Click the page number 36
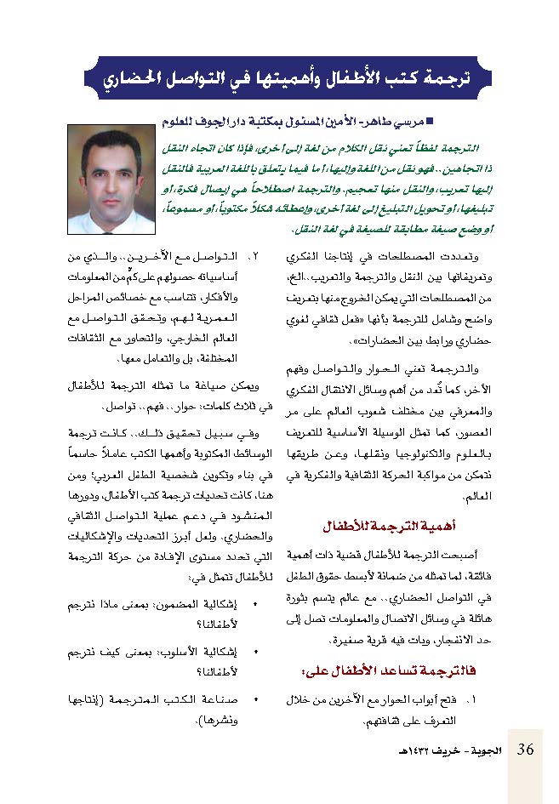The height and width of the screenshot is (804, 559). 526,750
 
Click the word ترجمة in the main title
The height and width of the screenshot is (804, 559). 441,78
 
